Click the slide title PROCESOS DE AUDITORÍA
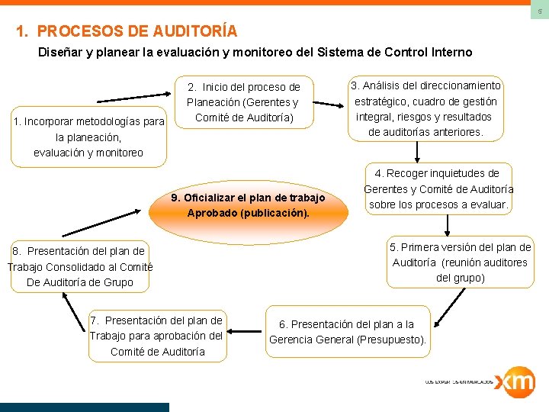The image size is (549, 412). [127, 31]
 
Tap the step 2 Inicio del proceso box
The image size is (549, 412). [243, 102]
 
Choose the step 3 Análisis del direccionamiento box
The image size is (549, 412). [425, 109]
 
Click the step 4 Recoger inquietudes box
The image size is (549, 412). [438, 189]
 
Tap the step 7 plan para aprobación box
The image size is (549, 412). [156, 336]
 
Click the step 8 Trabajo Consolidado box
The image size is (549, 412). [80, 266]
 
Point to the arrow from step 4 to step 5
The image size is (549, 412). [448, 227]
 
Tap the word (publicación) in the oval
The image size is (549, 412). [275, 213]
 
